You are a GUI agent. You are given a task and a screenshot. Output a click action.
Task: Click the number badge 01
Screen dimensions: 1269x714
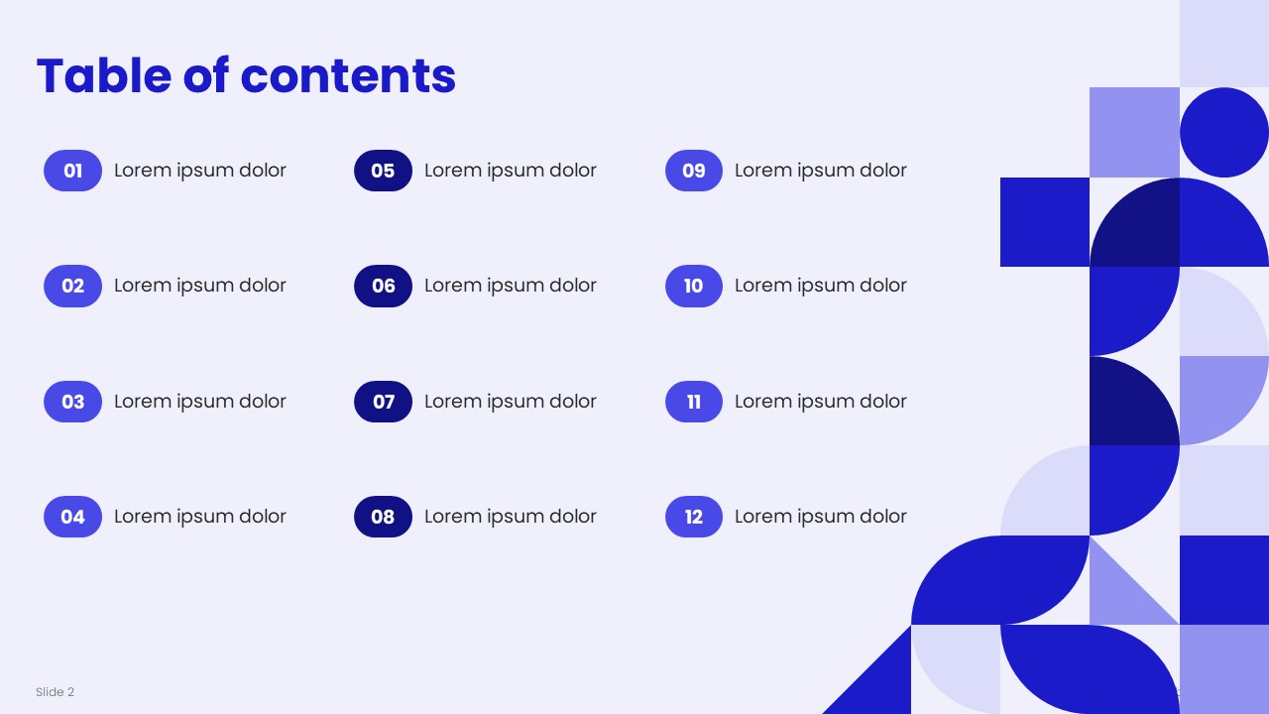72,171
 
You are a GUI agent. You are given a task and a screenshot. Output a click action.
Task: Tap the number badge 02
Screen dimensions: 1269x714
72,287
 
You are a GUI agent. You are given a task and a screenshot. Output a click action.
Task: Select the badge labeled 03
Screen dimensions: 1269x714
72,402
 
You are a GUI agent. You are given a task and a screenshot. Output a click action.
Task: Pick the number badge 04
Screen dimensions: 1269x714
72,517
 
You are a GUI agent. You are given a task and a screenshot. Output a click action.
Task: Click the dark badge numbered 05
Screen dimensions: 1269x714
383,171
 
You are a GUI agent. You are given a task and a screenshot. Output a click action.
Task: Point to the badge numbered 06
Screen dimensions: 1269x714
383,287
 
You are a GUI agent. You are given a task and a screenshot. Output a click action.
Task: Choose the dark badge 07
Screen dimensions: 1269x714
383,402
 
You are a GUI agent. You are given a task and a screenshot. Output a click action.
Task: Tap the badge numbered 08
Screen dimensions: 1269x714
383,517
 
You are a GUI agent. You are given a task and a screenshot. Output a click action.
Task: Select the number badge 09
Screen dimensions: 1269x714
694,171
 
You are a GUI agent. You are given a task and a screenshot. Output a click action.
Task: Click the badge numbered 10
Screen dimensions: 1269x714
694,287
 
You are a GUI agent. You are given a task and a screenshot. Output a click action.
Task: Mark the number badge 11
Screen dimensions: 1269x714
694,402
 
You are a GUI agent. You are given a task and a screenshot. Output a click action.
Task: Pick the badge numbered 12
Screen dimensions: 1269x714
694,517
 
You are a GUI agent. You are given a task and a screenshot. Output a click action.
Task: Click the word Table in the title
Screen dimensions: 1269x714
104,75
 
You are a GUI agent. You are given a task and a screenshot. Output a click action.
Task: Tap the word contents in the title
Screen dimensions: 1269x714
348,76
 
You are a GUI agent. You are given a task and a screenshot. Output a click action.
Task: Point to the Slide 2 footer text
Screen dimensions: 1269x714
55,692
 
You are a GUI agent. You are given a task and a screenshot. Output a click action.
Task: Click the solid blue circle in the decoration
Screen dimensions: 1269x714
1224,133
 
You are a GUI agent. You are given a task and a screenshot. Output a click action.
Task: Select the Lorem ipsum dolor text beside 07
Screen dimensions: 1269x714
511,402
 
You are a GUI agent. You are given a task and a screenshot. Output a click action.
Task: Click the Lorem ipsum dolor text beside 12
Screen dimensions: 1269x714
821,517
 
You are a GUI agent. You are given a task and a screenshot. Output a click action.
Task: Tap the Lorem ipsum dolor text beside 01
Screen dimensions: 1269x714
200,170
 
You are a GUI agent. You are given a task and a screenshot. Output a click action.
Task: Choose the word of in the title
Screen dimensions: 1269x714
206,75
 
